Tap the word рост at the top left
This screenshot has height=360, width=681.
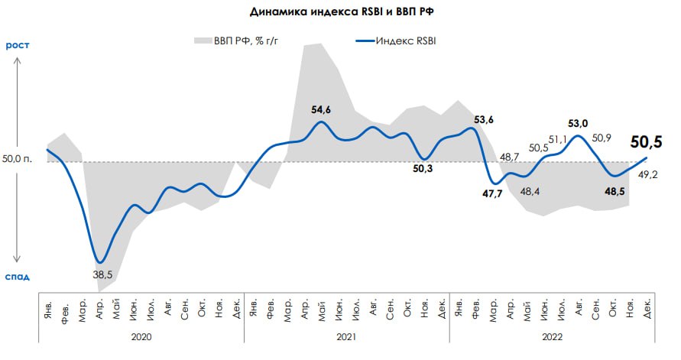point(18,46)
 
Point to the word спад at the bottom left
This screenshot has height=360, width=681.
point(18,276)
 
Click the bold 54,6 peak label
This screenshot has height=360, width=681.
point(321,110)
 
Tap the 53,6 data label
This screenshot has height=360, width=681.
point(484,119)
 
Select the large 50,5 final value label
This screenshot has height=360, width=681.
point(646,141)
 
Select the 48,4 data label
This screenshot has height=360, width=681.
point(530,190)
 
